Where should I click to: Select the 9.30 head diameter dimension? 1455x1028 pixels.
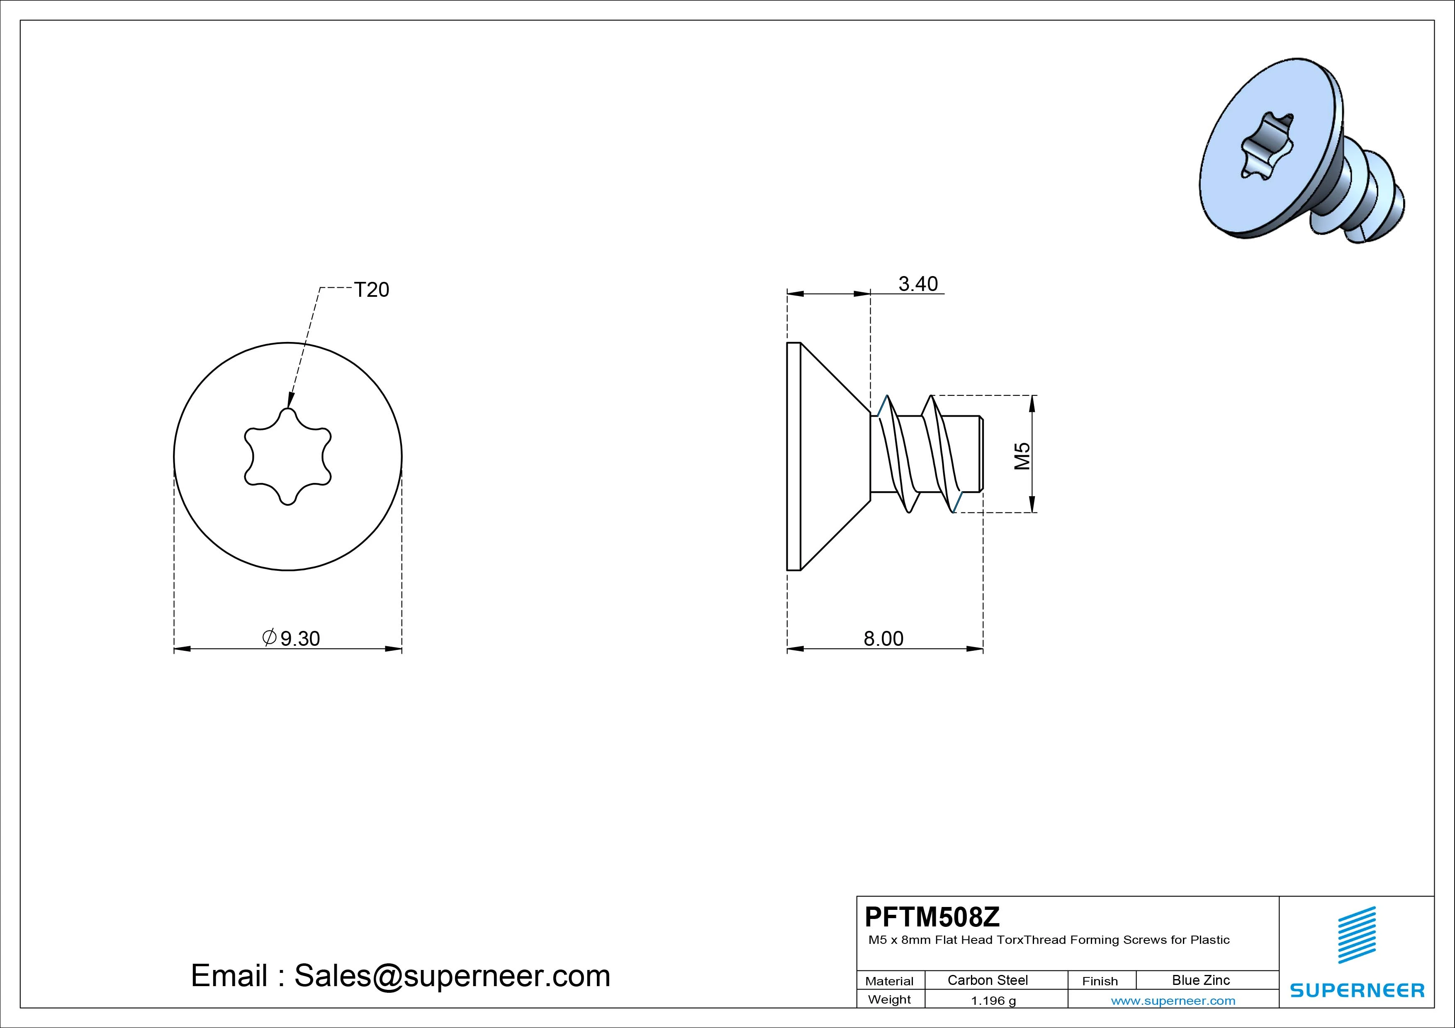point(292,638)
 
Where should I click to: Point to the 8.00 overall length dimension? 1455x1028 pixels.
point(883,638)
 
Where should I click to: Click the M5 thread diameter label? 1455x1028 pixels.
point(1022,456)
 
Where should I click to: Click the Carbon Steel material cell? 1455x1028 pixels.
point(987,980)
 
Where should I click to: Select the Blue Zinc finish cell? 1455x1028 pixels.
point(1201,980)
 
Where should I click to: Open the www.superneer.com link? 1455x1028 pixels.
point(1173,1001)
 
